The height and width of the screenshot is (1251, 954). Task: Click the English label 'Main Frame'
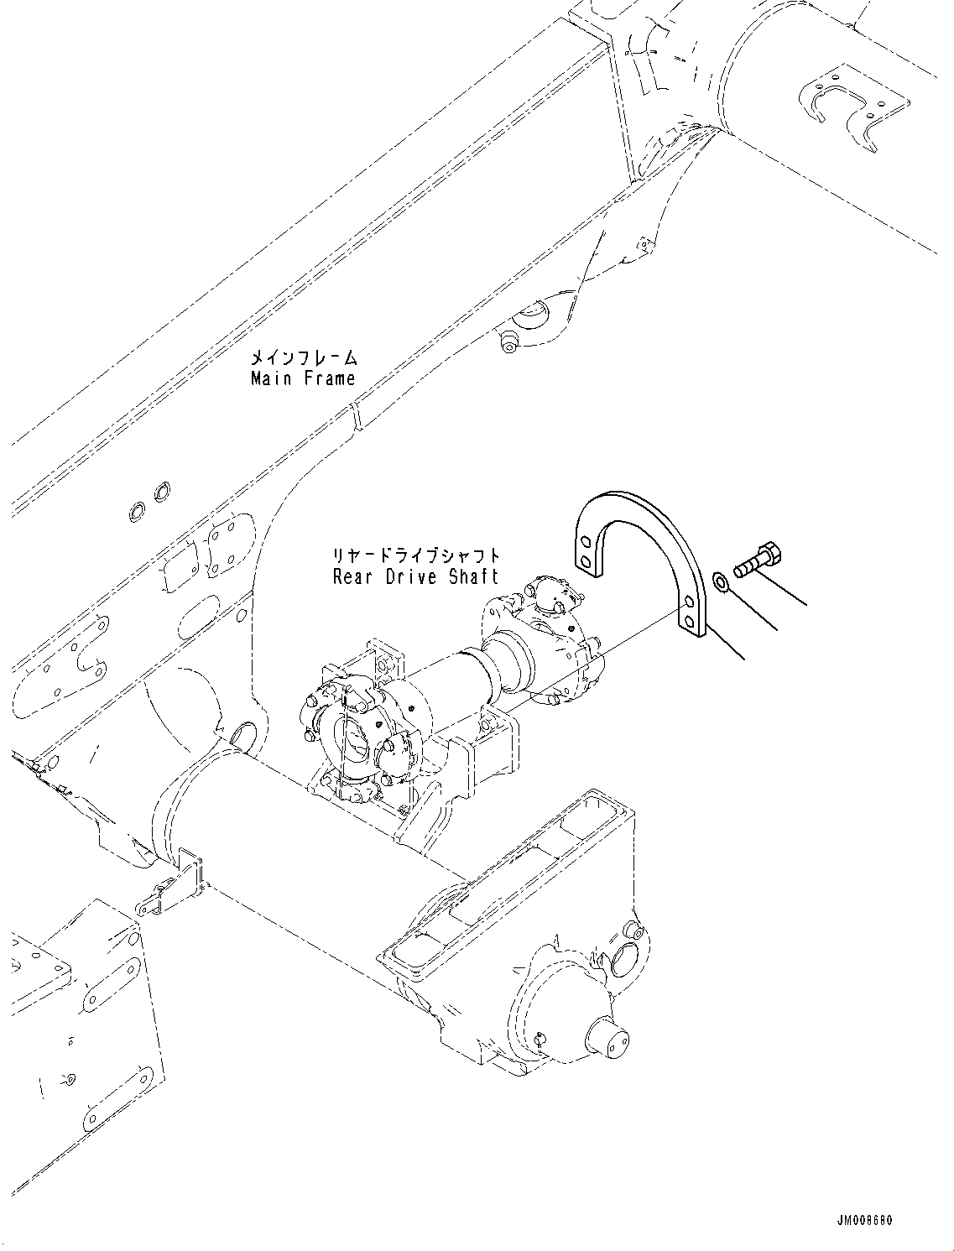click(x=303, y=378)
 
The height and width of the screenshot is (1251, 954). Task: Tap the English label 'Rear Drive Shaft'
click(x=415, y=576)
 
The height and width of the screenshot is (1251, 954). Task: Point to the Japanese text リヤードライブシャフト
click(x=416, y=556)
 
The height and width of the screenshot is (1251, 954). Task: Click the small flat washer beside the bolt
click(x=720, y=581)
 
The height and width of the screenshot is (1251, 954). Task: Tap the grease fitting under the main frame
click(x=506, y=342)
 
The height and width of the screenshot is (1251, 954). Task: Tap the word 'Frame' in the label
click(x=330, y=378)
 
